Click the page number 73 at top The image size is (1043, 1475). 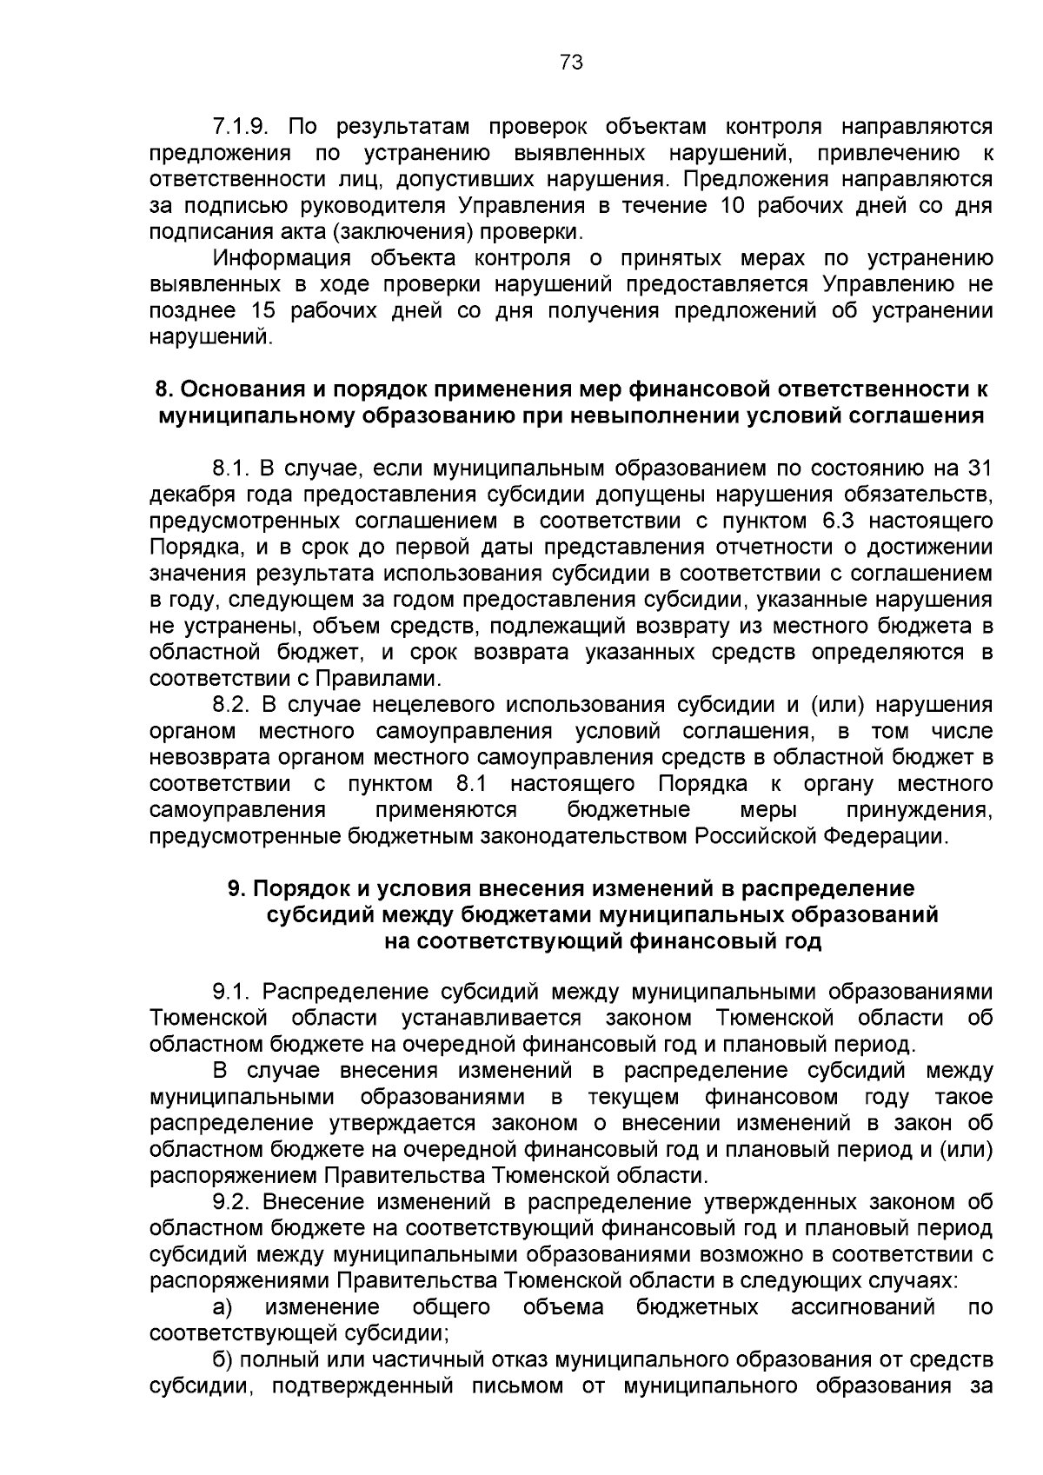tap(571, 63)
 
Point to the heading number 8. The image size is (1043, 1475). tap(162, 389)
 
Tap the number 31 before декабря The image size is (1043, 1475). tap(980, 468)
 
